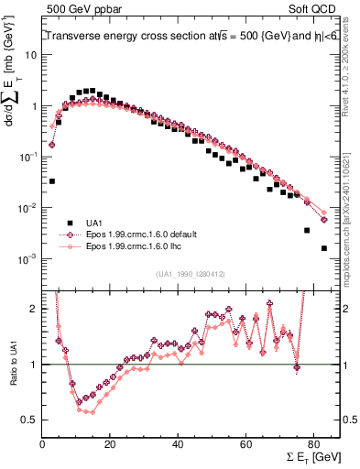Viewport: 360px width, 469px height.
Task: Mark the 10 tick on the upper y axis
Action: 30,55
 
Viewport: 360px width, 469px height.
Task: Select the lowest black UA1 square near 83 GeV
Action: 324,248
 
